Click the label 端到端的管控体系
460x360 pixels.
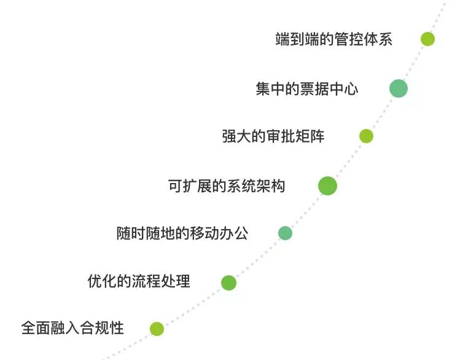(334, 40)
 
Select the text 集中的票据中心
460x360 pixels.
(306, 89)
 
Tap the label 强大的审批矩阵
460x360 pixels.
(273, 136)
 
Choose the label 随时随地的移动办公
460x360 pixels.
(182, 233)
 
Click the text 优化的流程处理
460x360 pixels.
(139, 282)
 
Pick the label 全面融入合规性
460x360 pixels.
(72, 328)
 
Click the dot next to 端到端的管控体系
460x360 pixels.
(427, 39)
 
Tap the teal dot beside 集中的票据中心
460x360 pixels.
(399, 88)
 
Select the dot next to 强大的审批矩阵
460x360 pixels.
(366, 136)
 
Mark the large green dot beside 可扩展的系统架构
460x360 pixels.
(328, 186)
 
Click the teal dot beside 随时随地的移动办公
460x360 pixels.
(285, 233)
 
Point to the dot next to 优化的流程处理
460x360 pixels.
(228, 283)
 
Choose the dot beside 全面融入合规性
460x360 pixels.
(157, 329)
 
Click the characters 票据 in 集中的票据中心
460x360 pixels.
(314, 89)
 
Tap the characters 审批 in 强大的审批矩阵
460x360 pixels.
(281, 136)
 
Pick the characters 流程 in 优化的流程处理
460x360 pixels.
(146, 282)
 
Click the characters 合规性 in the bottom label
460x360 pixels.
(102, 328)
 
